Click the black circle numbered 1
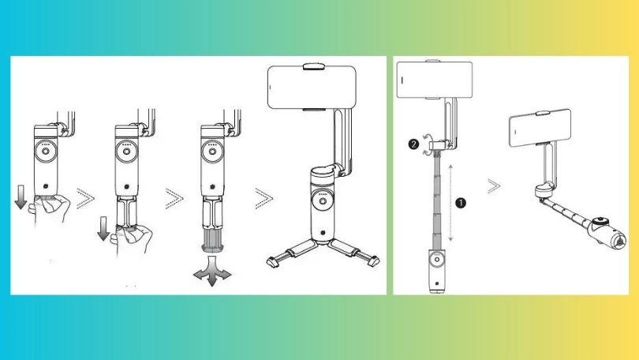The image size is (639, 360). pos(460,203)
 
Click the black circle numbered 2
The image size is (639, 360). pos(413,144)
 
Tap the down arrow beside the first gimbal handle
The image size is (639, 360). pos(21,197)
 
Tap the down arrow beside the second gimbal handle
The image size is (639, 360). pos(103,228)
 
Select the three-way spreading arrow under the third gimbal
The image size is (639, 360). pos(212,271)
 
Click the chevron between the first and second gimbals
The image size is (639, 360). pos(85,198)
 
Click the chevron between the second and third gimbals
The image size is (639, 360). pos(174,198)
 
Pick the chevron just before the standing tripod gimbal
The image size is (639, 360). pos(264,198)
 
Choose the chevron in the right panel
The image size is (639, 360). pos(494,186)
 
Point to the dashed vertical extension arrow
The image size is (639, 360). pos(450,203)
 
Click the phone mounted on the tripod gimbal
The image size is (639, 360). pos(312,87)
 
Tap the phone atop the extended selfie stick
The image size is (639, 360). pos(435,80)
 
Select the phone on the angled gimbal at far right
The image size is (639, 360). pos(540,128)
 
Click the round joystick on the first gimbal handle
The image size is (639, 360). pos(45,152)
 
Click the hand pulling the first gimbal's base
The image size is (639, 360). pos(50,208)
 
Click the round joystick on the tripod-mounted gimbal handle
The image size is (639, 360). pos(323,201)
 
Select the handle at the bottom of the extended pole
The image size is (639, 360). pos(436,270)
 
